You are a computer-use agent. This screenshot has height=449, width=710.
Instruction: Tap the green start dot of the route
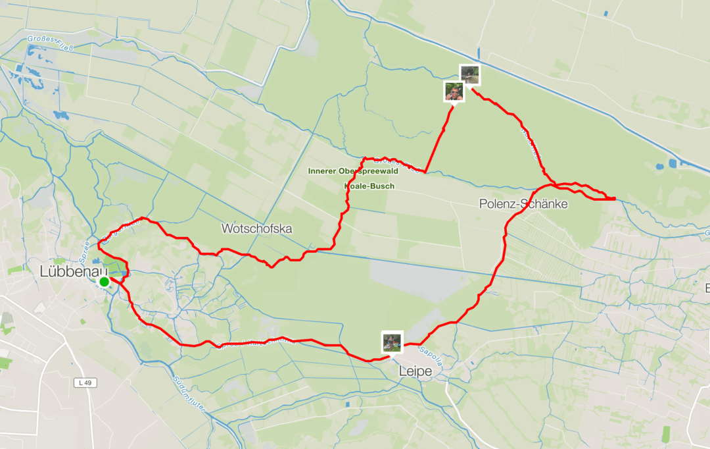104,282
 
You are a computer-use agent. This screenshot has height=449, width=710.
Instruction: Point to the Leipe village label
415,372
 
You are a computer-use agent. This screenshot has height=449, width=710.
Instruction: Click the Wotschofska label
257,229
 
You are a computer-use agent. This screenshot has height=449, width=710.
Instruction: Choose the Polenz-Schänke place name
523,205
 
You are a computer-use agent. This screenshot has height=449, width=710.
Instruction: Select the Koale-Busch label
369,186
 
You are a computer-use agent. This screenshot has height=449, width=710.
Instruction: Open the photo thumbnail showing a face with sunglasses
454,92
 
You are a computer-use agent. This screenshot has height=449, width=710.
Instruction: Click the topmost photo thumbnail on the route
469,75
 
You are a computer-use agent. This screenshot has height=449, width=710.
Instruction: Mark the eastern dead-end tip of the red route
614,198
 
